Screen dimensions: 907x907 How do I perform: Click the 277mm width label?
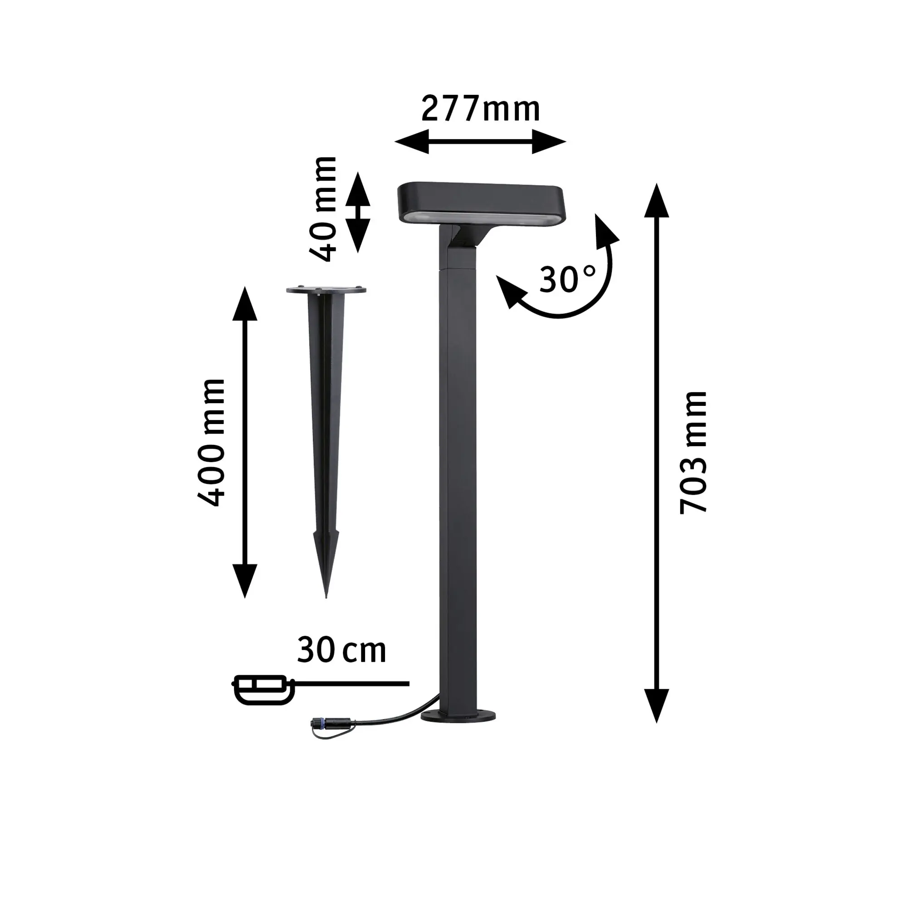point(480,109)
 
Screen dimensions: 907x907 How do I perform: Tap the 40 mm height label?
point(323,209)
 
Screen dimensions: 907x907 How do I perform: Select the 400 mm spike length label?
point(211,443)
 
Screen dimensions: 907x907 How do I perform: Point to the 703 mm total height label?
point(693,452)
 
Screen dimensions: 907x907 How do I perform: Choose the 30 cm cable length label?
point(341,650)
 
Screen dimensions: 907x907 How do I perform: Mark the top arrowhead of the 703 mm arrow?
point(656,201)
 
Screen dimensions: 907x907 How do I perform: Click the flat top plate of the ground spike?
point(326,291)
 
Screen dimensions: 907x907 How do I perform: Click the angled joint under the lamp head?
point(463,238)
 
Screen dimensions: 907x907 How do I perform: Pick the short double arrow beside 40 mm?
point(358,212)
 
